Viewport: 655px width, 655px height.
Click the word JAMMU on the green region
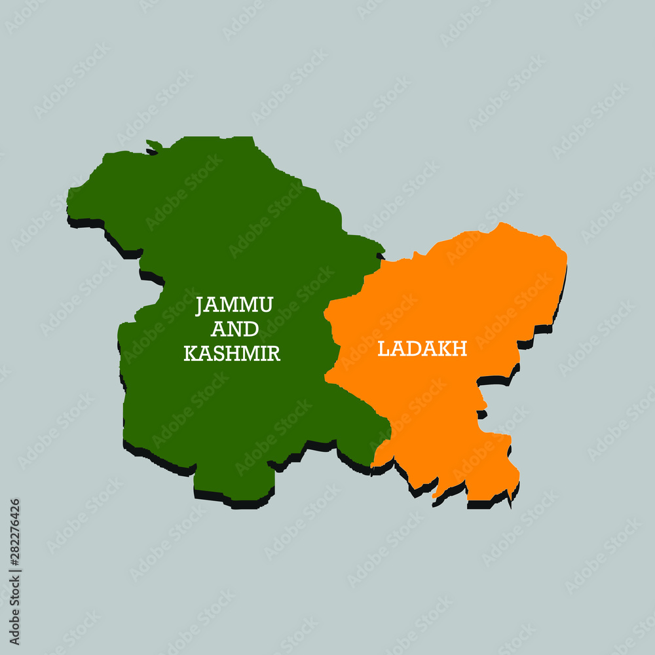coord(234,305)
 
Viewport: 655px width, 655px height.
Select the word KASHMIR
coord(232,354)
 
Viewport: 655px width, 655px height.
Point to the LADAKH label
coord(422,349)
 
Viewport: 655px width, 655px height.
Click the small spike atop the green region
coord(154,144)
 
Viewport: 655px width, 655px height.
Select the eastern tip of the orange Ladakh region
coord(565,259)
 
